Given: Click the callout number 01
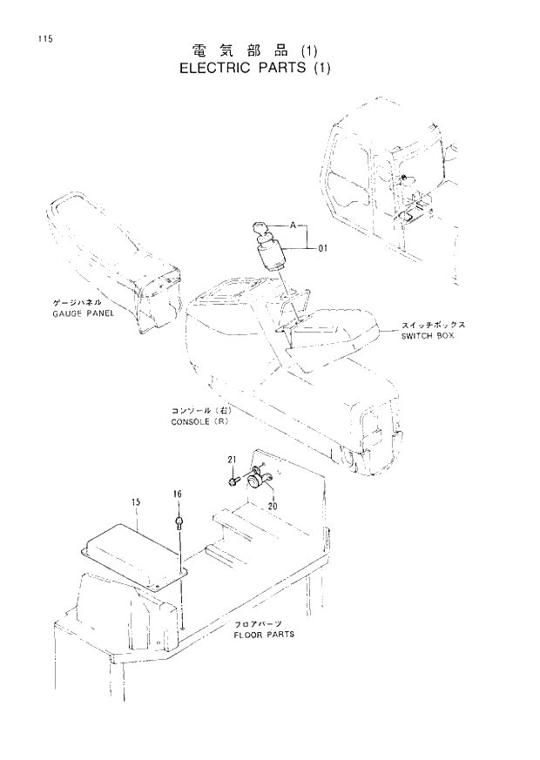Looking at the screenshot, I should (x=321, y=250).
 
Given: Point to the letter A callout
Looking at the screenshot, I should (x=293, y=225).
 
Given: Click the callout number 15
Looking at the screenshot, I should (x=136, y=502).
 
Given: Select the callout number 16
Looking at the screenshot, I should (x=177, y=494).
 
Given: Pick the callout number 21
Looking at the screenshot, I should (x=233, y=460).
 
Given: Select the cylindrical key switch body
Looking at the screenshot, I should (x=272, y=258).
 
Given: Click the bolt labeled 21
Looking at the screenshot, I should (x=235, y=478).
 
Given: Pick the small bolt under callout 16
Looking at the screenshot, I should (x=179, y=523).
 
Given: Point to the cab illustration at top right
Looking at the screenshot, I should (x=392, y=192).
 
